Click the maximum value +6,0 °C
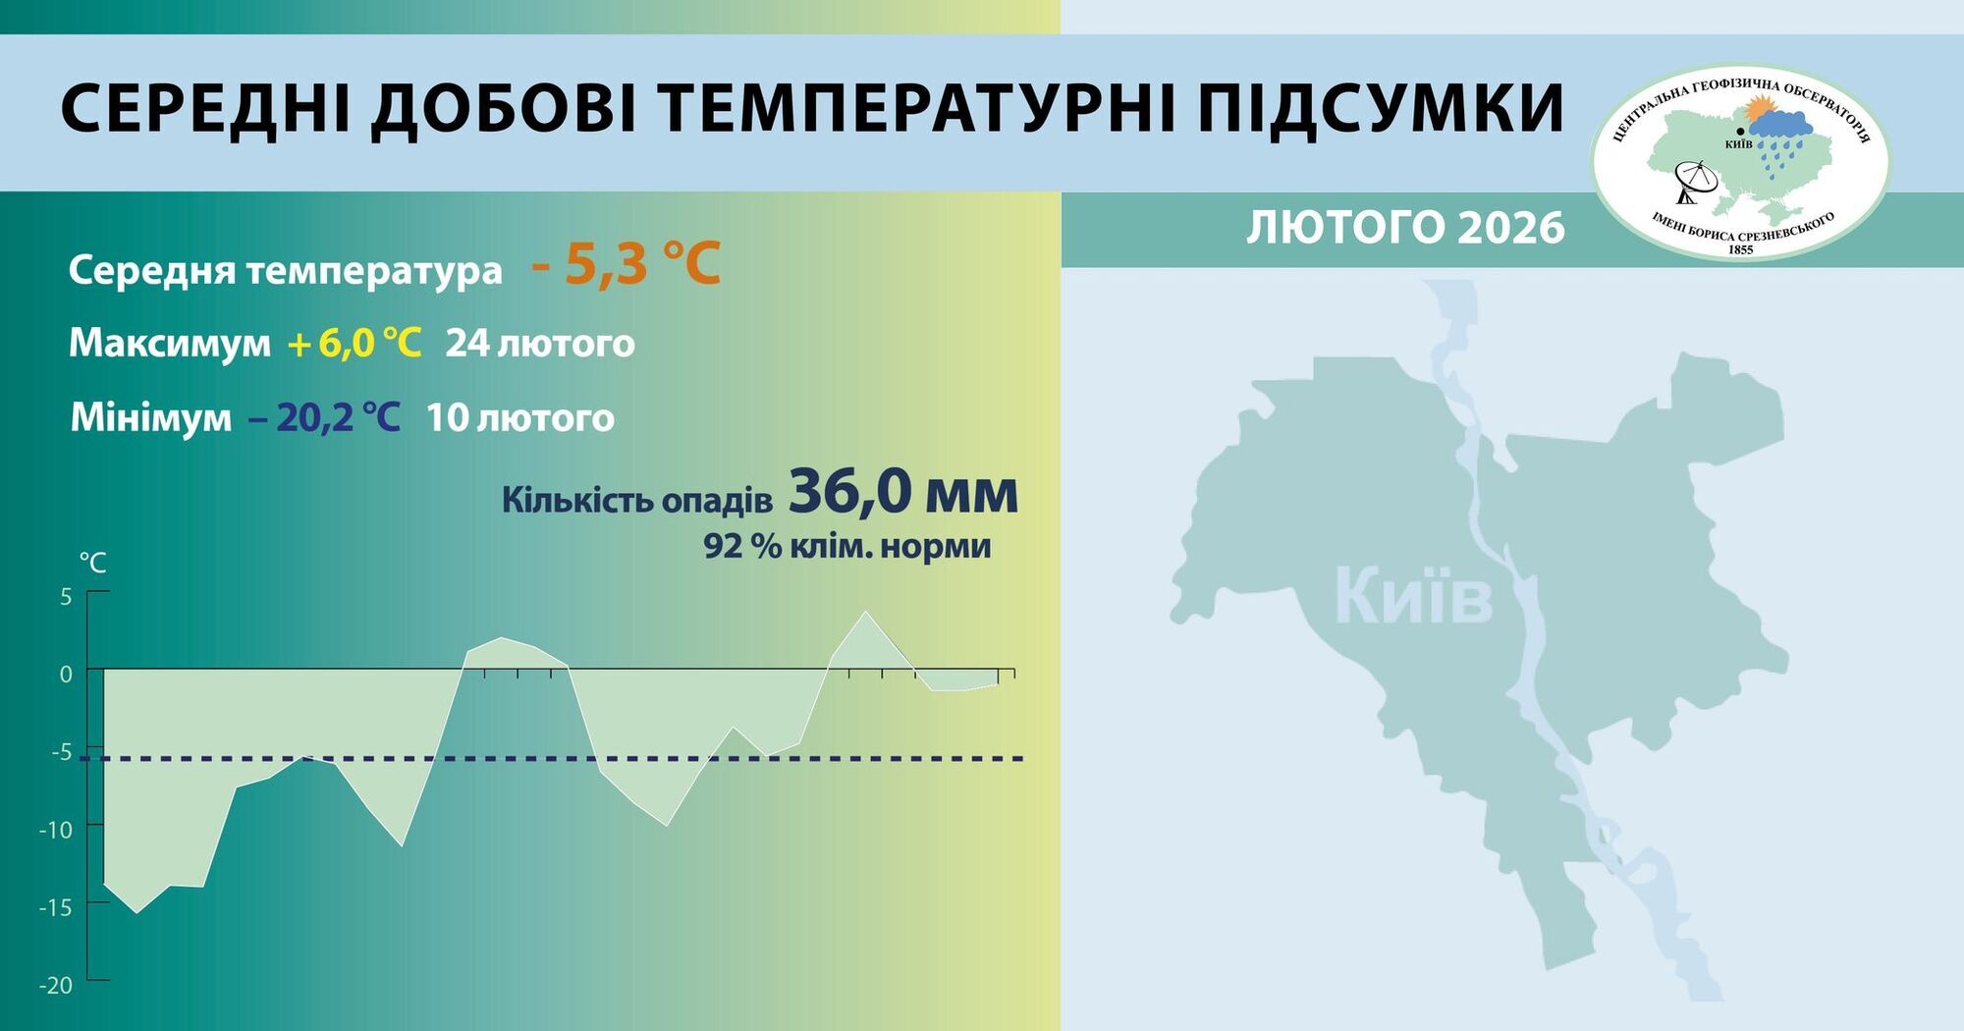(x=355, y=344)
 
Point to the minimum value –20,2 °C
(x=325, y=417)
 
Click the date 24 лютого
(x=540, y=344)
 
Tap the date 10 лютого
(x=520, y=417)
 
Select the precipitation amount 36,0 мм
(x=902, y=492)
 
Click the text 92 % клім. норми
(x=846, y=546)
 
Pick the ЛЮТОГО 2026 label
(x=1405, y=228)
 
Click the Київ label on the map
(x=1413, y=596)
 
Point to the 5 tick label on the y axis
(x=66, y=596)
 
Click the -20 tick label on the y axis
(x=56, y=985)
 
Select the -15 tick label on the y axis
(x=56, y=907)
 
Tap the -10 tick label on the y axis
(x=56, y=830)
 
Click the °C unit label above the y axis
(x=92, y=563)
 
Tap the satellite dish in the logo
(x=1696, y=183)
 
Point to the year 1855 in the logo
(x=1739, y=249)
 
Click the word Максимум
(x=170, y=344)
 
